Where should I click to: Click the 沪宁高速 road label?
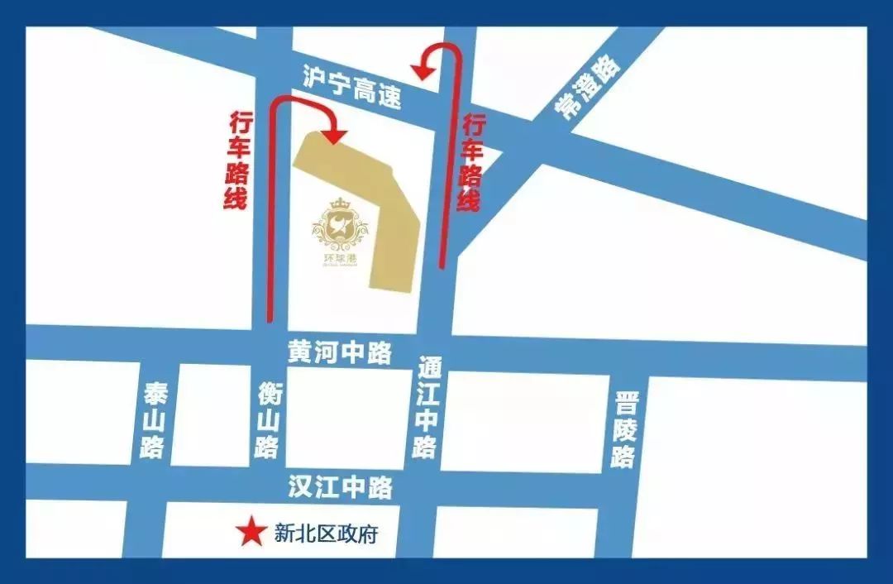[352, 88]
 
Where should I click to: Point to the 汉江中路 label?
[340, 487]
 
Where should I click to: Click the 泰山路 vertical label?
[155, 421]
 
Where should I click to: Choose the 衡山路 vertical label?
[267, 420]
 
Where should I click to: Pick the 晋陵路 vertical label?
[625, 430]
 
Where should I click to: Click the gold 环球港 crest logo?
[340, 232]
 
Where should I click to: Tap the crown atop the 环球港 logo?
[341, 203]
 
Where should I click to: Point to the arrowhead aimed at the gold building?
[335, 135]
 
